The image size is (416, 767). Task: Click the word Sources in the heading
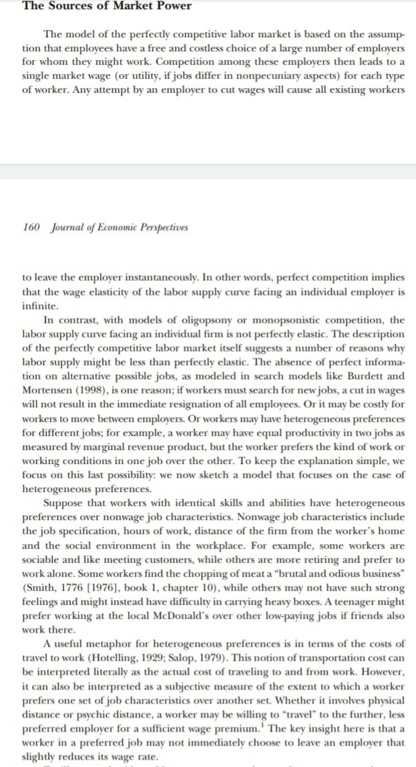[69, 7]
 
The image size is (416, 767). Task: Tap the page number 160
[31, 227]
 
